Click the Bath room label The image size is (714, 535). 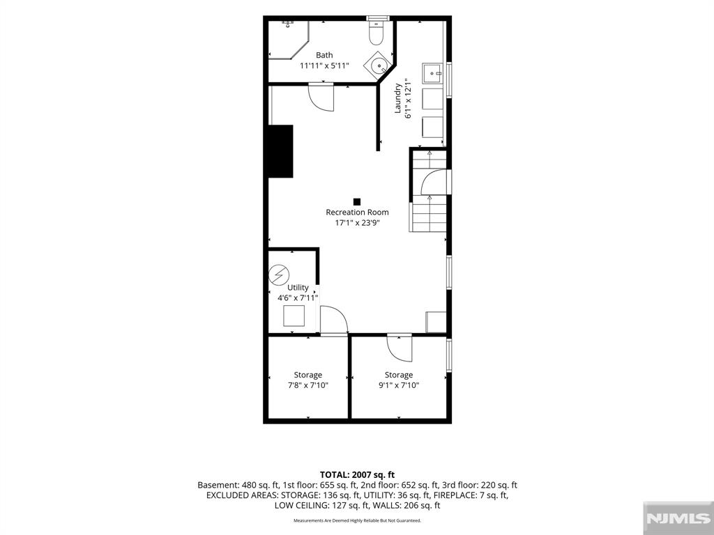[324, 55]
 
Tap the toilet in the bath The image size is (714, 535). [376, 33]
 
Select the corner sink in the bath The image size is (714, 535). [379, 65]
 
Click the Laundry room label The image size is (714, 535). [398, 98]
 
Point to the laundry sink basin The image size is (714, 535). [432, 73]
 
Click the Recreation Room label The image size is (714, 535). [357, 212]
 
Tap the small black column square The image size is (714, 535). [357, 201]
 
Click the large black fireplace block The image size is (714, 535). [280, 151]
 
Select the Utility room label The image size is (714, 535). [298, 288]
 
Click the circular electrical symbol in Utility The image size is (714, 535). [279, 275]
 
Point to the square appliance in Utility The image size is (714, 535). [294, 316]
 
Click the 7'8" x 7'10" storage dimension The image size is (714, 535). [307, 385]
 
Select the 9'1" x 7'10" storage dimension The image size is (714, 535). [398, 385]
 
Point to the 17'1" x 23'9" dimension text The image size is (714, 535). [357, 223]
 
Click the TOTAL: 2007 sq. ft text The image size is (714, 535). [357, 475]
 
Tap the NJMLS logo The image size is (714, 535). [678, 518]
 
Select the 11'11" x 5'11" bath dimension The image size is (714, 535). [324, 65]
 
